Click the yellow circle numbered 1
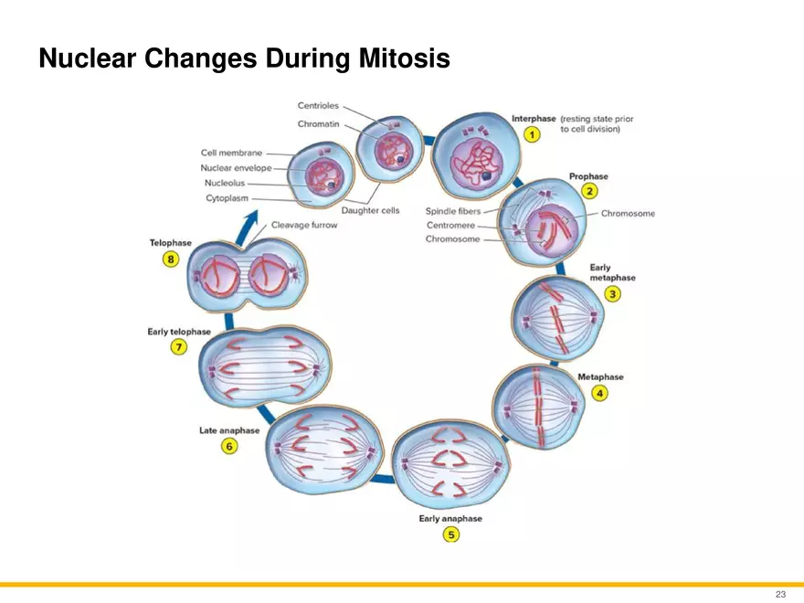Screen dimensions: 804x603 coord(532,135)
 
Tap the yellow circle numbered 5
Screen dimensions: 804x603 coord(451,534)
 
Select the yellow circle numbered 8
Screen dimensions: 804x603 coord(171,259)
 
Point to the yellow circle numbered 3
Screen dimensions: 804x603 coord(612,294)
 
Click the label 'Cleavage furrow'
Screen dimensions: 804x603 coord(304,225)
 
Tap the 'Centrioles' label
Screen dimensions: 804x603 coord(318,106)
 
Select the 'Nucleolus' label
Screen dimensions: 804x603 coord(225,183)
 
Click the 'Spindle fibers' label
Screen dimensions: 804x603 coord(453,211)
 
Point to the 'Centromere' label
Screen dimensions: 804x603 coord(450,226)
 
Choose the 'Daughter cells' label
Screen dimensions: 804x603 coord(370,210)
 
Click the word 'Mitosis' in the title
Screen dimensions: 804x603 coord(404,58)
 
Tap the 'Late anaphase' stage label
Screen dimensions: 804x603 coord(229,430)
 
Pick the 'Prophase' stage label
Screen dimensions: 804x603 coord(588,176)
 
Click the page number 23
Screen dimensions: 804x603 coord(780,594)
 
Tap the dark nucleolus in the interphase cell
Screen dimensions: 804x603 coord(485,175)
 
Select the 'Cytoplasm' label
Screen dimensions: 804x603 coord(227,198)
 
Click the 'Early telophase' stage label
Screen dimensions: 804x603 coord(179,332)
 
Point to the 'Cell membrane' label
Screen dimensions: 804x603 coord(231,153)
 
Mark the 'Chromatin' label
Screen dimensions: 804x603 coord(319,124)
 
